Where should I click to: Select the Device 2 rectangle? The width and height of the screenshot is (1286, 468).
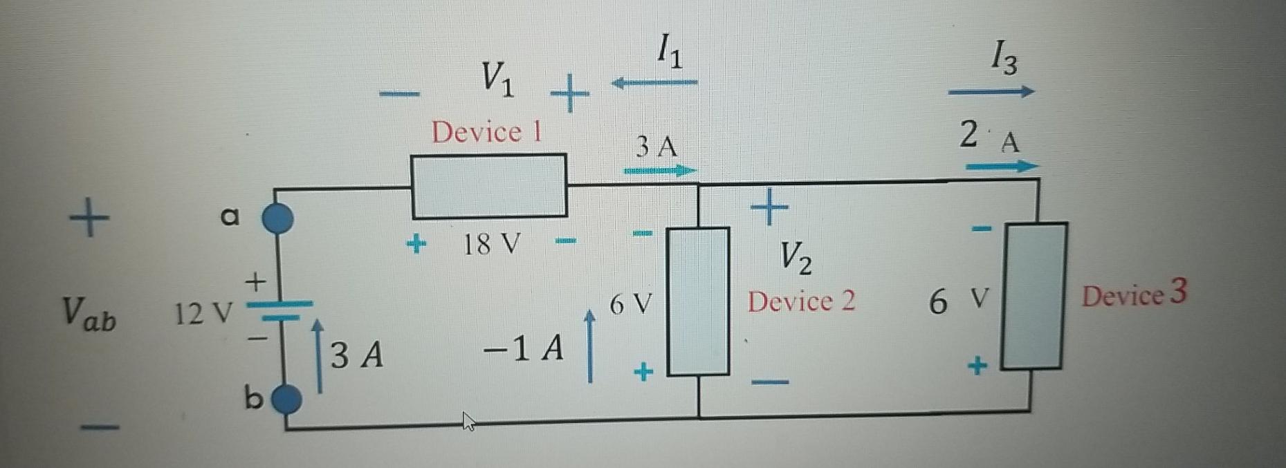pos(697,301)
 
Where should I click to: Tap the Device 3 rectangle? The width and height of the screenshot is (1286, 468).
pos(1034,296)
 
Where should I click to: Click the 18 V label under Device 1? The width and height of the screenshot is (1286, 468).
pos(491,244)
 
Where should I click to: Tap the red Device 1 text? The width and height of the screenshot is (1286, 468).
pos(486,131)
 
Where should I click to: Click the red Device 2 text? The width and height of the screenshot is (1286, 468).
pos(801,301)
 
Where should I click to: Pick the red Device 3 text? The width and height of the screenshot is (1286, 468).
pos(1134,294)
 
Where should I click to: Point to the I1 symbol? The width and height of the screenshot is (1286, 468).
pos(668,53)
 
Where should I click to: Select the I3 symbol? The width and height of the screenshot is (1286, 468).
pos(1003,58)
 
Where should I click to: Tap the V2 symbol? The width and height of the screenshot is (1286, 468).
pos(796,257)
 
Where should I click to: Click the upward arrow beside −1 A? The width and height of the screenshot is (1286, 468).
pos(589,346)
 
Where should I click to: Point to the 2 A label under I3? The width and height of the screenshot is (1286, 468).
pos(989,137)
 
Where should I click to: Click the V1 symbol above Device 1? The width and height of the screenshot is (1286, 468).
pos(497,78)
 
